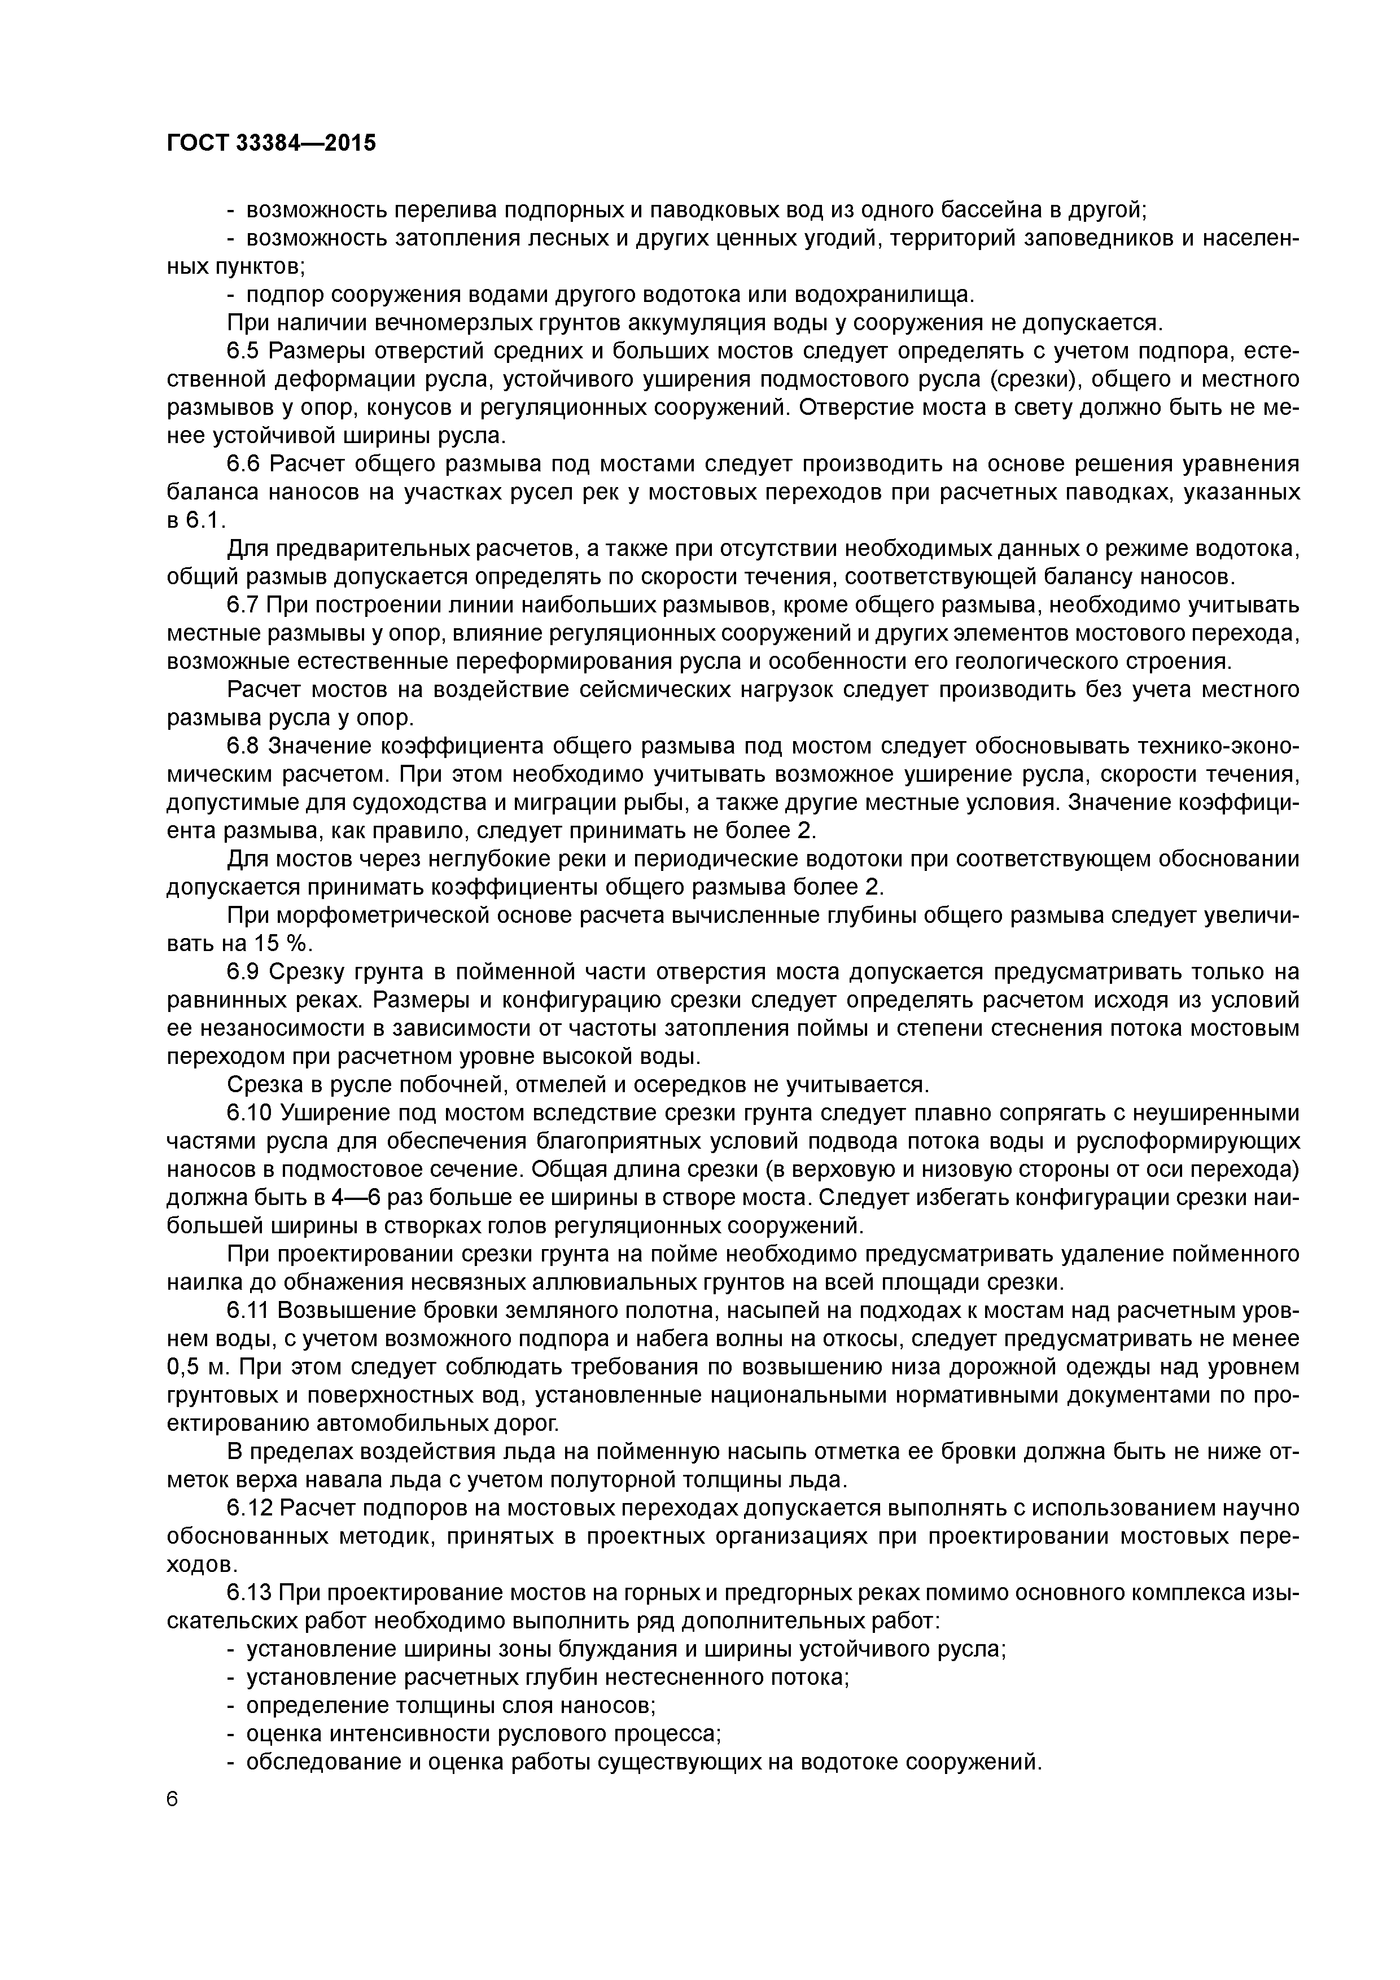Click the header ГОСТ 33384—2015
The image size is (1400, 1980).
(271, 143)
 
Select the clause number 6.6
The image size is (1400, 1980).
(244, 464)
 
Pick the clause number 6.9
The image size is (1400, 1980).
(244, 972)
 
